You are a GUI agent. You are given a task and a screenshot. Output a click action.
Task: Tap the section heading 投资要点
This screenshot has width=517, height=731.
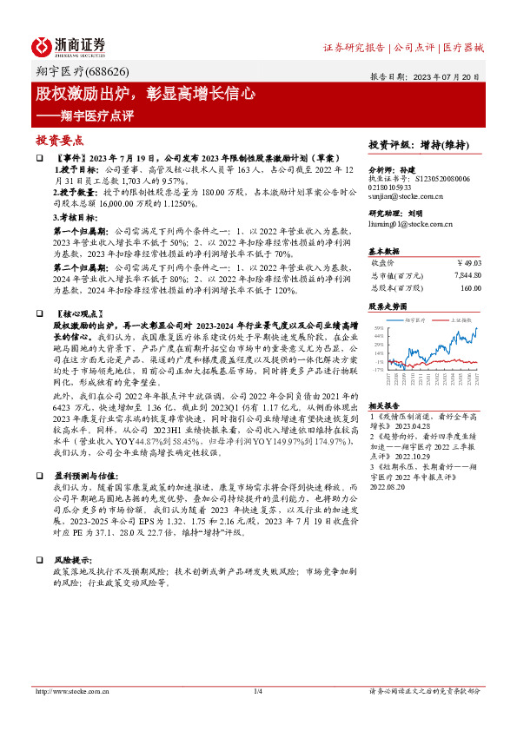pos(59,139)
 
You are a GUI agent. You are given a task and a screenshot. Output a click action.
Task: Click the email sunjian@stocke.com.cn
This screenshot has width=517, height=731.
pos(398,197)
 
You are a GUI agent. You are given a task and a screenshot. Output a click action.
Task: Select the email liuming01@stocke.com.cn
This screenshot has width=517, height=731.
pos(406,224)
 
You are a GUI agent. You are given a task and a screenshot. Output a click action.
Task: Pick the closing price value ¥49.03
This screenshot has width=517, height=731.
pos(468,262)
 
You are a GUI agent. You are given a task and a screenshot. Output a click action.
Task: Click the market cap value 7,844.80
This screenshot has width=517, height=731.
pos(466,275)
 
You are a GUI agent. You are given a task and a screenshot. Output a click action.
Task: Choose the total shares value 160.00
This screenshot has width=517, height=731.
pos(470,287)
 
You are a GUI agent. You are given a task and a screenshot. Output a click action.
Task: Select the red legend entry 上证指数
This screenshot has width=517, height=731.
pos(461,319)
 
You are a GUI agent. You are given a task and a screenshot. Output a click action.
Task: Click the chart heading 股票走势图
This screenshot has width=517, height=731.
pos(387,306)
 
